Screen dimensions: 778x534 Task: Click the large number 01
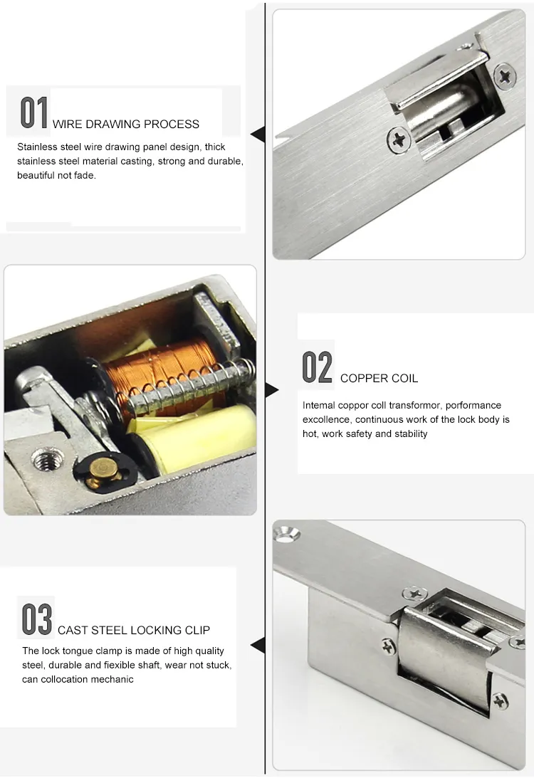click(34, 113)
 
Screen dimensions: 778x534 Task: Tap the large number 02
click(317, 367)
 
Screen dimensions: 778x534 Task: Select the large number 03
click(36, 619)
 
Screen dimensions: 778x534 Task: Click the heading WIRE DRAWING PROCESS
click(126, 124)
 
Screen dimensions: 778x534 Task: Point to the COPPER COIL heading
click(379, 378)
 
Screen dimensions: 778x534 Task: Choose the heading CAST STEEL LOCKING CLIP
click(134, 630)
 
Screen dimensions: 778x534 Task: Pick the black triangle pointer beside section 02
click(271, 389)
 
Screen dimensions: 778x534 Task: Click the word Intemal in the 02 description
click(318, 405)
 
